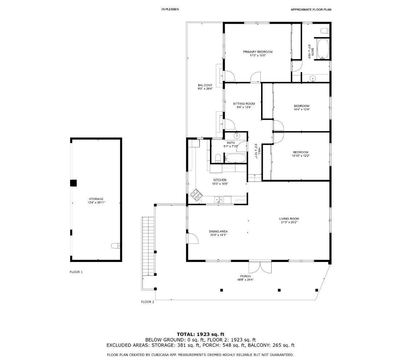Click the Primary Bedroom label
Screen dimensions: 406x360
[x=257, y=52]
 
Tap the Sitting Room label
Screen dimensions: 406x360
[x=244, y=104]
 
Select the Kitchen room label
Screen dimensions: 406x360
[x=220, y=180]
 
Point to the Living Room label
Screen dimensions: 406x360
[x=289, y=219]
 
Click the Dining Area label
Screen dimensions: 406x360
[x=218, y=232]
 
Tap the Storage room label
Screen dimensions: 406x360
[x=96, y=199]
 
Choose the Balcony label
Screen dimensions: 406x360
[x=205, y=85]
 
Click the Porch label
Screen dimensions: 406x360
[x=245, y=277]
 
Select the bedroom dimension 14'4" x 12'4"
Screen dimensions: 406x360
[x=302, y=110]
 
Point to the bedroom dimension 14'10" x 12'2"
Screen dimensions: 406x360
[x=301, y=156]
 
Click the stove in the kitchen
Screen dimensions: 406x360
[x=196, y=195]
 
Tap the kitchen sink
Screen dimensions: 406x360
[x=219, y=200]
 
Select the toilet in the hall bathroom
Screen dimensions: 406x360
[x=218, y=158]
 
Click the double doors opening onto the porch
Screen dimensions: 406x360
[x=260, y=267]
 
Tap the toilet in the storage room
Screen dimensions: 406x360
[x=115, y=246]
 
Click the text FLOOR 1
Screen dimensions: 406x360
[x=76, y=272]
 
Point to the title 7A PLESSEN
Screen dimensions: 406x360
[x=170, y=9]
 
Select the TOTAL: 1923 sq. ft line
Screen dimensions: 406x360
[x=200, y=334]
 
